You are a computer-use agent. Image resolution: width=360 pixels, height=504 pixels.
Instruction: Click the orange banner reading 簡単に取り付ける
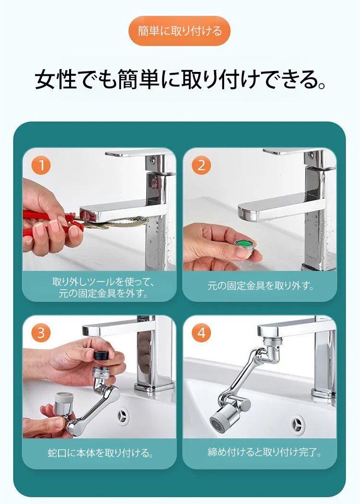pyautogui.click(x=180, y=31)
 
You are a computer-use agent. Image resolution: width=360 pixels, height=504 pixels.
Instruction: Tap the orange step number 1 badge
pyautogui.click(x=41, y=165)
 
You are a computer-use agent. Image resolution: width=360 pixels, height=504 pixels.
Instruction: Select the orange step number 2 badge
pyautogui.click(x=202, y=165)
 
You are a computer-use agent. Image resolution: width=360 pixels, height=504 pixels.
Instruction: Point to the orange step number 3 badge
pyautogui.click(x=41, y=333)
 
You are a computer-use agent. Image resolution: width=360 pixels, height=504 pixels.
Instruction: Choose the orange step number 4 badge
pyautogui.click(x=202, y=333)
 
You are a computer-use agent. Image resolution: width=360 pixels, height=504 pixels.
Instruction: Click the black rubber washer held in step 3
pyautogui.click(x=101, y=355)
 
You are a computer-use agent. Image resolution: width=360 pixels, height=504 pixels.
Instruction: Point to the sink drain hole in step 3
pyautogui.click(x=123, y=417)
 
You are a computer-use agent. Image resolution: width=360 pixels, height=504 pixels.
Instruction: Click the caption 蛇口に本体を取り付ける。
pyautogui.click(x=100, y=453)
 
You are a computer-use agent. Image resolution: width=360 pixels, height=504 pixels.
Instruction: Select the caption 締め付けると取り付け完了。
pyautogui.click(x=265, y=452)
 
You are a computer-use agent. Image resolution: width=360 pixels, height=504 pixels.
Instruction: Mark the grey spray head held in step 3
pyautogui.click(x=64, y=403)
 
